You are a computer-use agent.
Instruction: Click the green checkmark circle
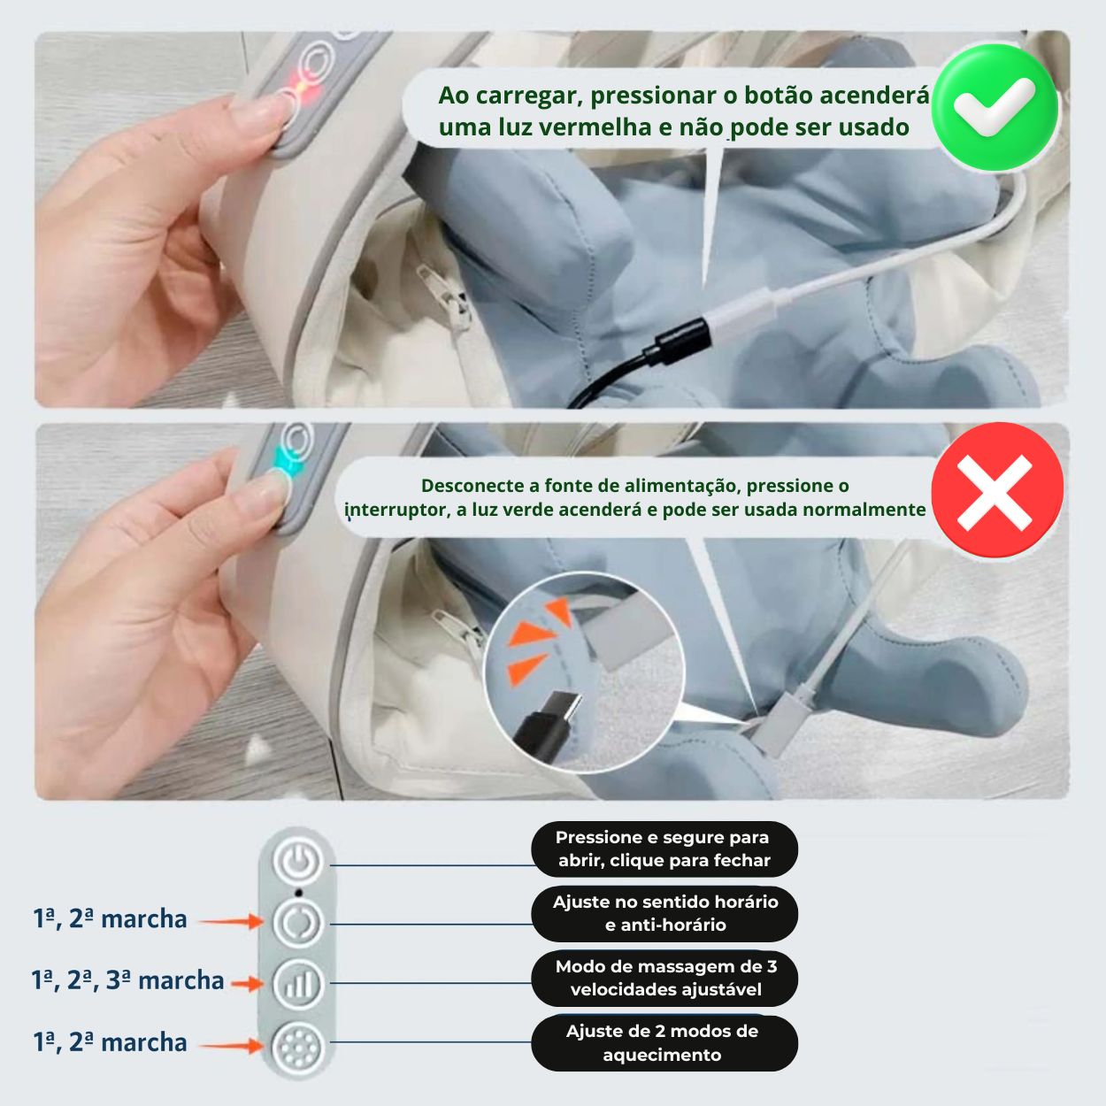click(x=995, y=106)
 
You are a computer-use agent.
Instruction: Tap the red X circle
click(x=996, y=491)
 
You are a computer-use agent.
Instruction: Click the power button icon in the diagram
click(x=298, y=861)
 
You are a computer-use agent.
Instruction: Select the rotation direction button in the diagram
click(x=298, y=922)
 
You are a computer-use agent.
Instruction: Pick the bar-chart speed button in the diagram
click(x=298, y=983)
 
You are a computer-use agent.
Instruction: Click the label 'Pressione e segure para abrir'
click(x=664, y=849)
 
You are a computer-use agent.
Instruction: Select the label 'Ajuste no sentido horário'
click(x=664, y=913)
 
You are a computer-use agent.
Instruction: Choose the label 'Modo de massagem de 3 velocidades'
click(x=664, y=978)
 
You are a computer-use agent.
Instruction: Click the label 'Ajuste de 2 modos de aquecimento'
click(x=663, y=1042)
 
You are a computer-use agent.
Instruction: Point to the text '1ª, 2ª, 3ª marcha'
click(x=127, y=980)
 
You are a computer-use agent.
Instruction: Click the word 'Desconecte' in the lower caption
click(x=466, y=485)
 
